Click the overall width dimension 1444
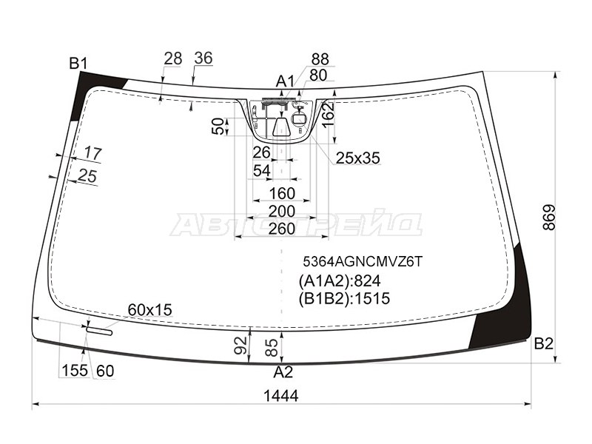point(281,396)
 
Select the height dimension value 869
point(549,217)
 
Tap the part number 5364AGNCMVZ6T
point(363,261)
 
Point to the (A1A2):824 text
point(340,281)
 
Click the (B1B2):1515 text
point(344,298)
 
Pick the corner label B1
point(78,64)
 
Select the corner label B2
point(544,343)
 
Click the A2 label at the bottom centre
point(283,373)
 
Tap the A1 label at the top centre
point(285,81)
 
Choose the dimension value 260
point(282,229)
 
